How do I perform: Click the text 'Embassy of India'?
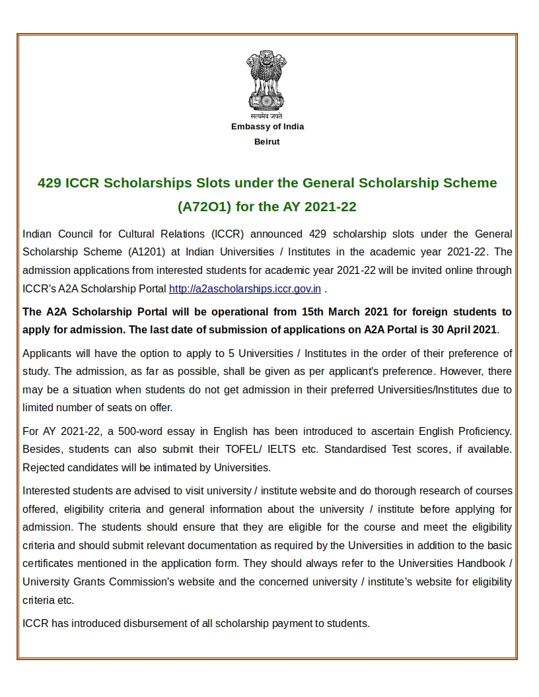(268, 127)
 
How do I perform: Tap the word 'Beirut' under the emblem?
(267, 142)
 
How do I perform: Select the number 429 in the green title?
(50, 183)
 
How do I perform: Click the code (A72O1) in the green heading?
(205, 207)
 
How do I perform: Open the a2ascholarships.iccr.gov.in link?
(245, 288)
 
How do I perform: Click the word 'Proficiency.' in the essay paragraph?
(481, 431)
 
